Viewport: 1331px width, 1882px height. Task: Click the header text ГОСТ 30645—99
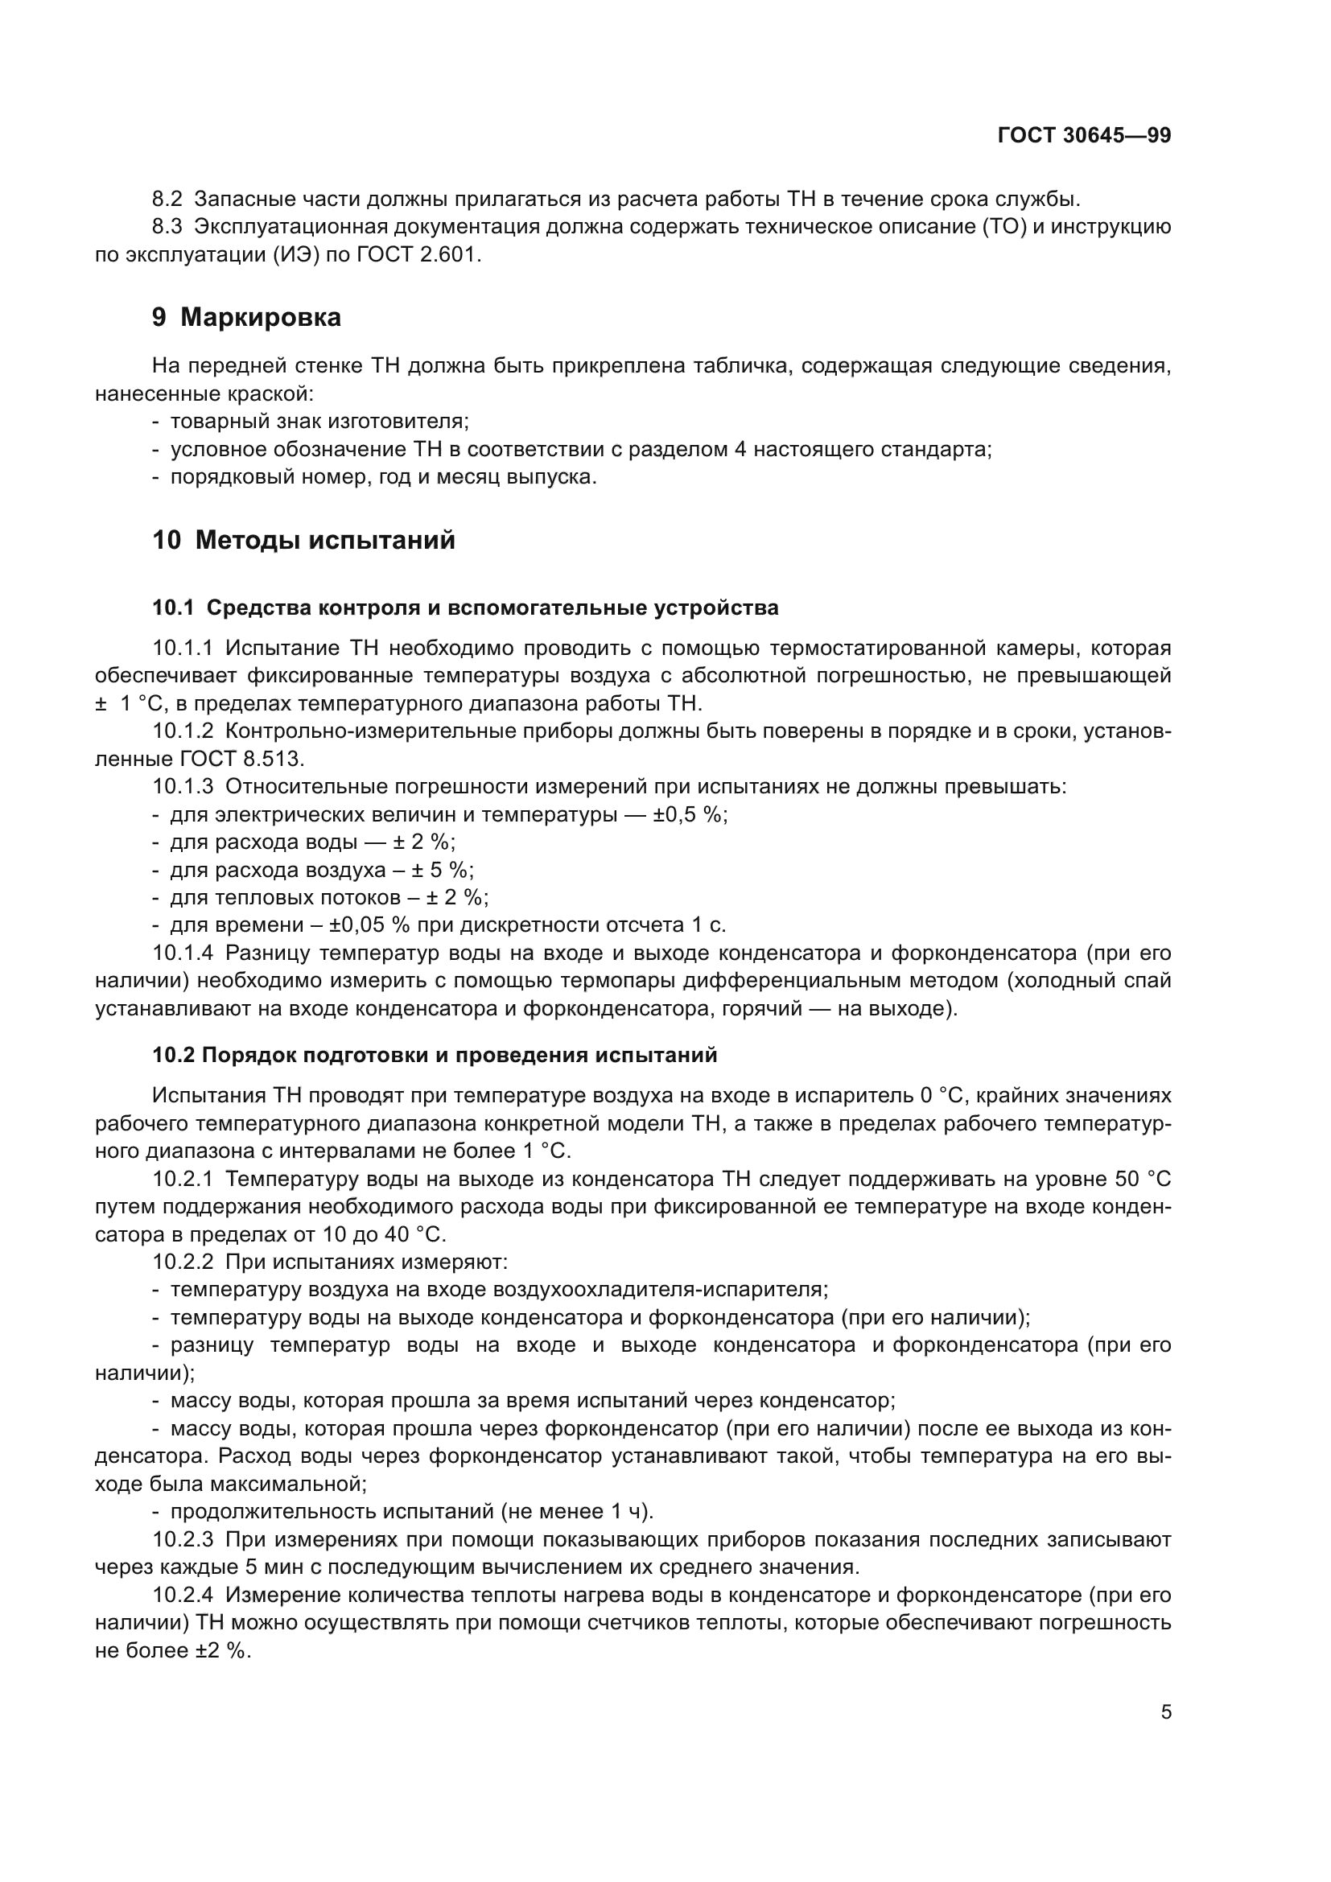(1083, 136)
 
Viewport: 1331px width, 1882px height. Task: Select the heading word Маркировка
(260, 317)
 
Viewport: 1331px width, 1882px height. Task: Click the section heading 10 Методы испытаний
(303, 541)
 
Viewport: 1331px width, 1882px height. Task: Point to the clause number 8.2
(169, 200)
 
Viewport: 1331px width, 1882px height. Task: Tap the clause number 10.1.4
(183, 953)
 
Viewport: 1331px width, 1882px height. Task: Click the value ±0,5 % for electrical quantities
(690, 815)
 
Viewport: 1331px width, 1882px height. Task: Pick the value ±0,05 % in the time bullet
(369, 925)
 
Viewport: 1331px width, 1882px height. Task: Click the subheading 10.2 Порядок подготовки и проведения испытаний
(435, 1055)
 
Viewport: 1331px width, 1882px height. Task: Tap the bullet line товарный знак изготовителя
(319, 422)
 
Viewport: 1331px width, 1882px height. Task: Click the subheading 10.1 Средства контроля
(464, 608)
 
